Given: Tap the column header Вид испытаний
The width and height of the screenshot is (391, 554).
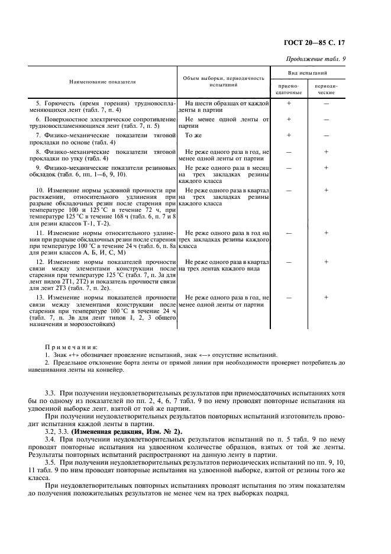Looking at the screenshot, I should (x=308, y=73).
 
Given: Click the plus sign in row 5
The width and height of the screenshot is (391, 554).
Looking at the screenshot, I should (x=289, y=103).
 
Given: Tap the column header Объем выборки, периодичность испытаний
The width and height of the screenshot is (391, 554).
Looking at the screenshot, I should (x=224, y=82).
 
